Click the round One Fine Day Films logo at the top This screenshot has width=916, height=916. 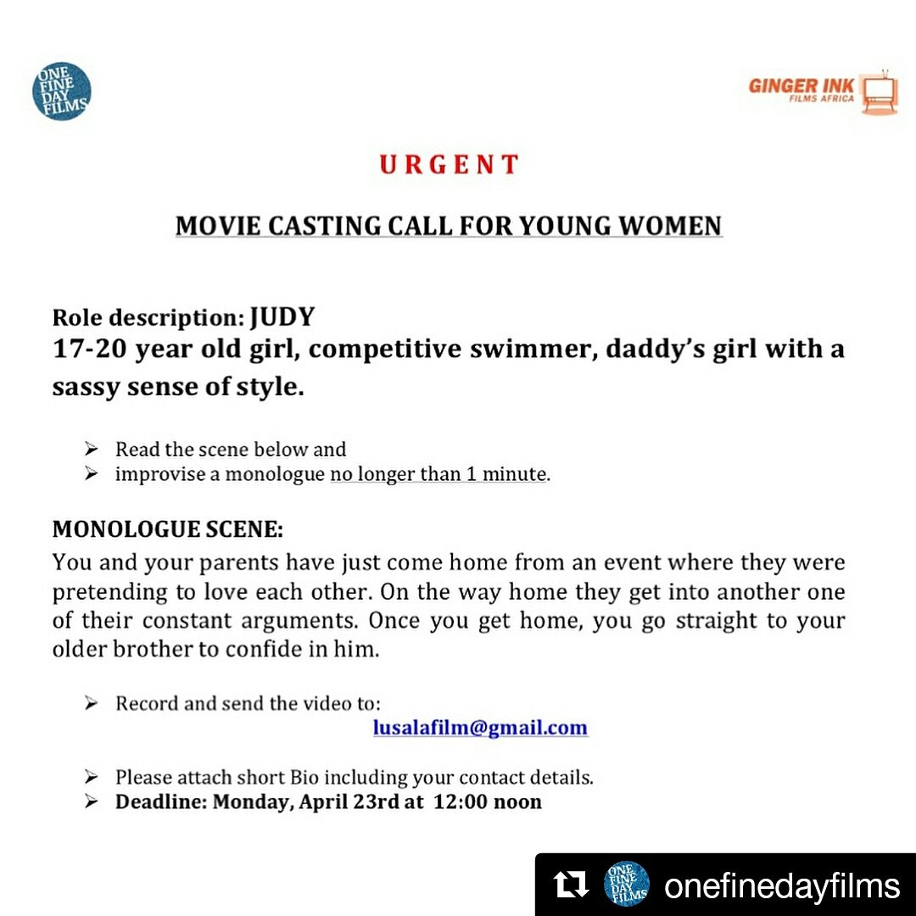(x=62, y=92)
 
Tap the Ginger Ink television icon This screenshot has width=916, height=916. (x=880, y=93)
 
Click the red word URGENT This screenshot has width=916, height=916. (x=449, y=165)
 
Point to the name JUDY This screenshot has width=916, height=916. (x=282, y=318)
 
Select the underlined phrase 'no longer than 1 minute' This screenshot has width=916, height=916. (x=438, y=474)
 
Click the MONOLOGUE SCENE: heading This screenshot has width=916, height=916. (x=168, y=530)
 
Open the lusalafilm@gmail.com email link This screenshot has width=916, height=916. (x=480, y=728)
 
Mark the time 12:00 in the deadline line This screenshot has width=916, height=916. (x=463, y=801)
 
